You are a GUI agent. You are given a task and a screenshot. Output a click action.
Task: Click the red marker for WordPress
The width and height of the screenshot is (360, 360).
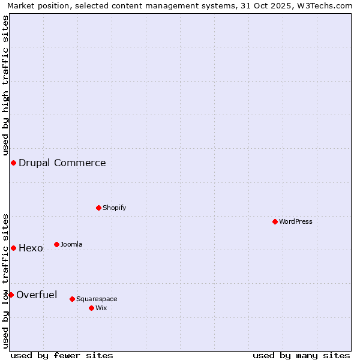tap(275, 221)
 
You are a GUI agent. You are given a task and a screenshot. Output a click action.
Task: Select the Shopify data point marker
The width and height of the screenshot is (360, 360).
tap(98, 208)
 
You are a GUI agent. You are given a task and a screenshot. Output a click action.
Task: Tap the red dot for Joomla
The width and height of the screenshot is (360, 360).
tap(56, 244)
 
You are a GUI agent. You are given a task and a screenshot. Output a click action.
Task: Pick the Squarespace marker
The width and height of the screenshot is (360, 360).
tap(72, 299)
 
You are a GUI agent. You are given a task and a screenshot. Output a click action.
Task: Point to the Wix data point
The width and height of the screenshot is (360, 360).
tap(91, 308)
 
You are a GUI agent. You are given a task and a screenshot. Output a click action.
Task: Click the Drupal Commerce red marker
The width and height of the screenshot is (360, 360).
tap(13, 163)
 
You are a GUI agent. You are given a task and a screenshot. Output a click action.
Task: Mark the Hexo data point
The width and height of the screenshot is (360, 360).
tap(13, 248)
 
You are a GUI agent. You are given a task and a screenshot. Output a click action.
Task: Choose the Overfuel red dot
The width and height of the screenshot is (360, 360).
tap(11, 295)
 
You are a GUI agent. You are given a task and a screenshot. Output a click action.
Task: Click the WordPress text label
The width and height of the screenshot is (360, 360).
tap(296, 221)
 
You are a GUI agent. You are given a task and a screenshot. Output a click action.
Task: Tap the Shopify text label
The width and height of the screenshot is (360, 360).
tap(114, 208)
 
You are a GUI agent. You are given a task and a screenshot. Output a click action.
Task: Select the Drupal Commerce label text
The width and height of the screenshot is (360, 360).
tap(62, 163)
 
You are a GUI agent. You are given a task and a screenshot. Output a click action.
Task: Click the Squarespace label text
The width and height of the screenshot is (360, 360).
tap(97, 299)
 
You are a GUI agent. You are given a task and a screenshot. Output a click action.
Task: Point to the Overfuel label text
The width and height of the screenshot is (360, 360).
tap(37, 295)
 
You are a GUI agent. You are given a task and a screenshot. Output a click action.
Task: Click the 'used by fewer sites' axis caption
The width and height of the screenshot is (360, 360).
tap(62, 355)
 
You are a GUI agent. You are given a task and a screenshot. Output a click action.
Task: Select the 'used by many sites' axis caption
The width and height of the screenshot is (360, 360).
tap(301, 355)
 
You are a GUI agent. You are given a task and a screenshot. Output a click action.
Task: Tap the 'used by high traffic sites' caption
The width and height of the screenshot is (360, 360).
tap(5, 85)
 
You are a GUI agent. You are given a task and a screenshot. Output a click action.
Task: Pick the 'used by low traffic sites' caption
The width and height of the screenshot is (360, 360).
tap(5, 280)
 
